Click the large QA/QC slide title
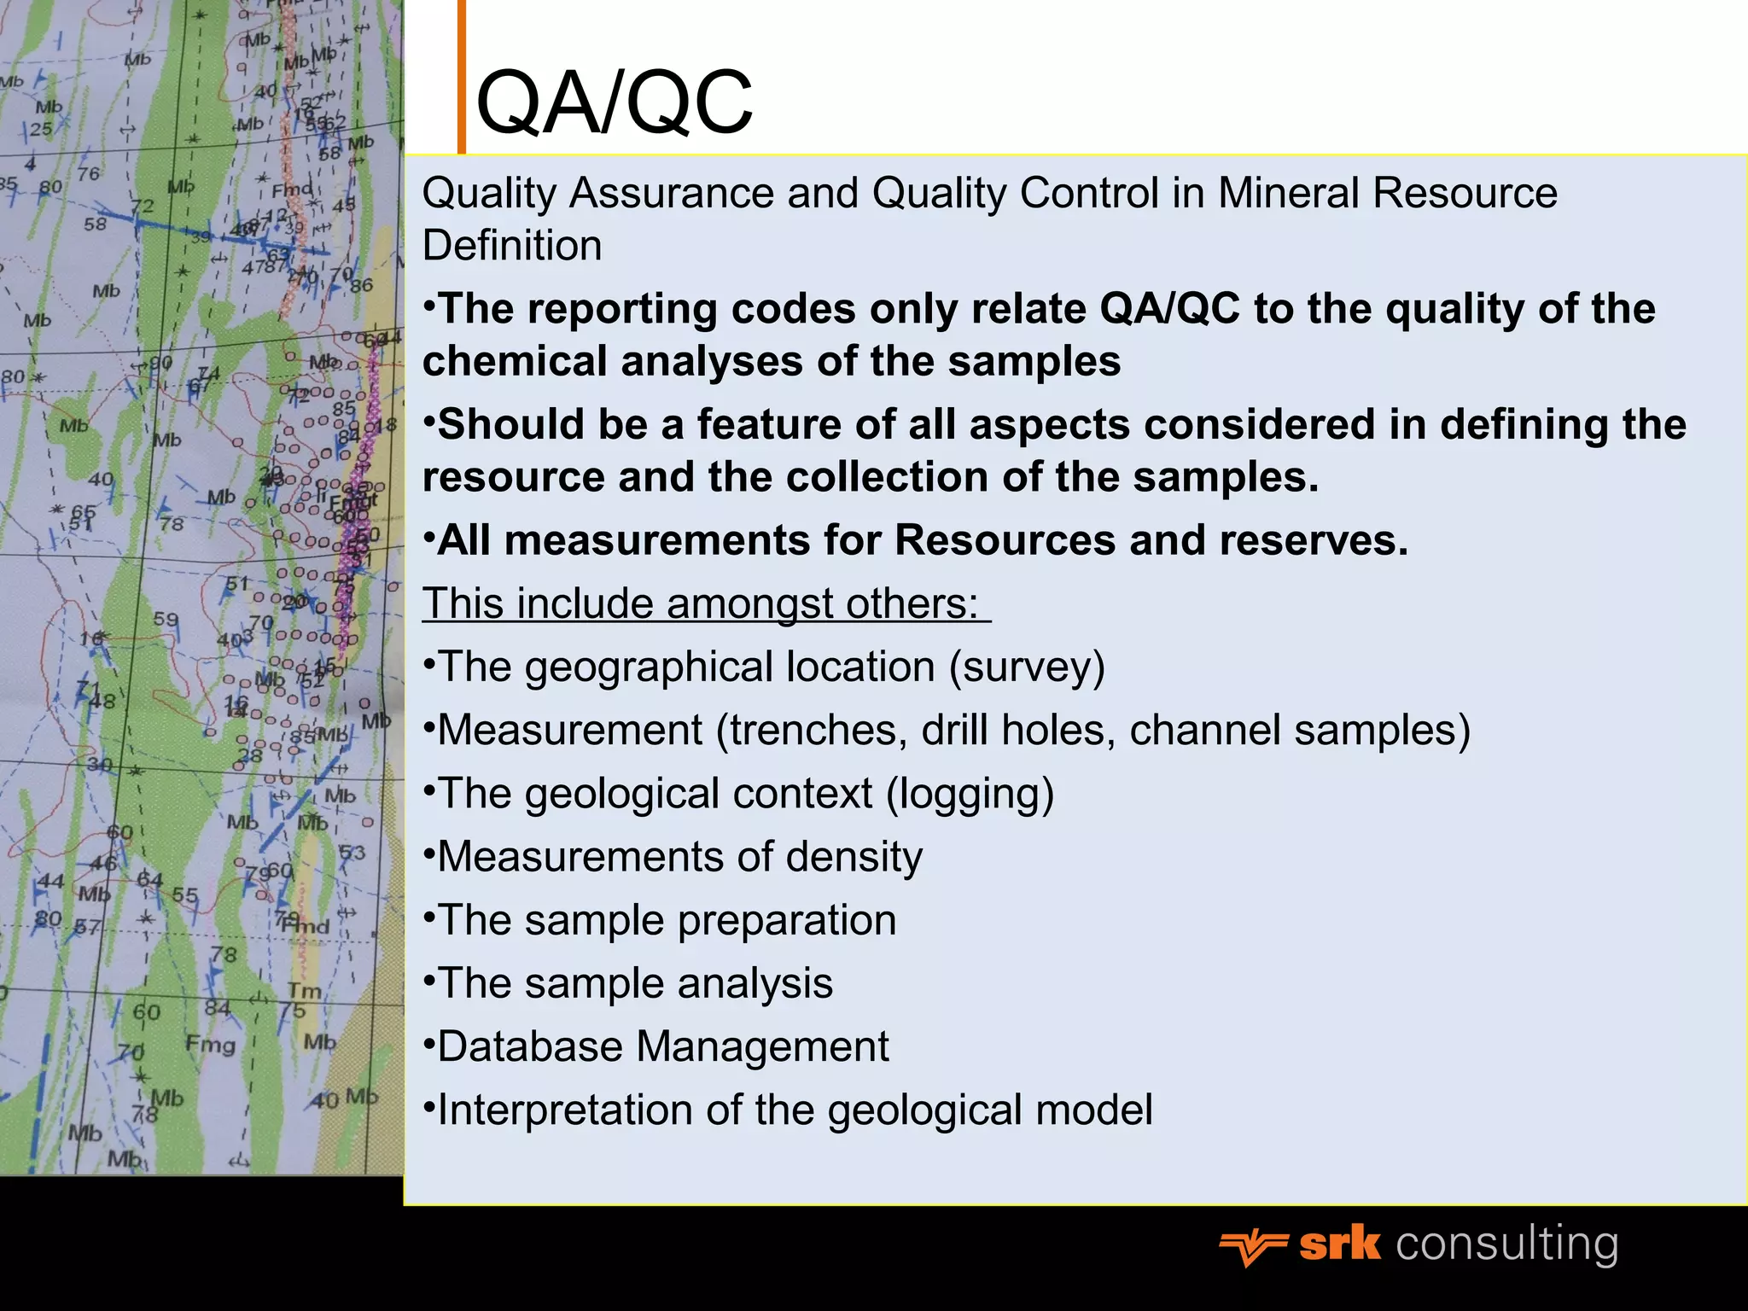(x=614, y=103)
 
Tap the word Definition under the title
(x=512, y=246)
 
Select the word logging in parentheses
(x=970, y=795)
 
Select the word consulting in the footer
(x=1506, y=1244)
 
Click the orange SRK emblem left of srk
(x=1251, y=1248)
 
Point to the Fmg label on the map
(x=210, y=1044)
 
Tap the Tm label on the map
(x=304, y=991)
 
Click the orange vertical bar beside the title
(x=462, y=77)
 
